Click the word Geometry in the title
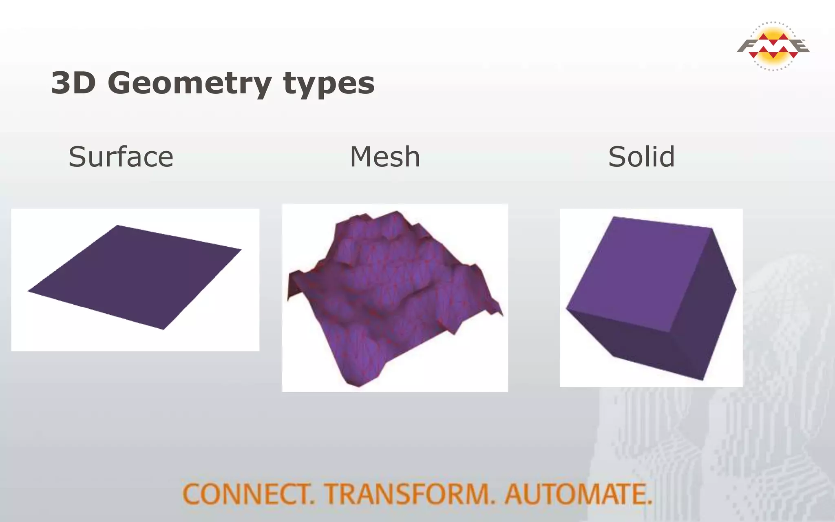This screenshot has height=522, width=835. coord(190,84)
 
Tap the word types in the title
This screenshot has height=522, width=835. coord(329,84)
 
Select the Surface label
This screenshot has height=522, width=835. coord(121,157)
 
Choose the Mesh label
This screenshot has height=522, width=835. coord(385,157)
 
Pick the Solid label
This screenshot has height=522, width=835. coord(641,157)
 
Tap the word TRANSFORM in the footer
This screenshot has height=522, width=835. coord(409,494)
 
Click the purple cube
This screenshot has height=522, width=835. coord(652,298)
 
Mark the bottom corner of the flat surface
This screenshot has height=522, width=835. coord(163,329)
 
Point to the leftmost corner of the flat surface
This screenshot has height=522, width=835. coord(29,291)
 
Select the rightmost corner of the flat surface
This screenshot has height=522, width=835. coord(241,249)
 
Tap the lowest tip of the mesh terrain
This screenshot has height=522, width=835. coord(358,386)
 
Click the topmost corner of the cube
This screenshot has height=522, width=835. coord(614,217)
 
